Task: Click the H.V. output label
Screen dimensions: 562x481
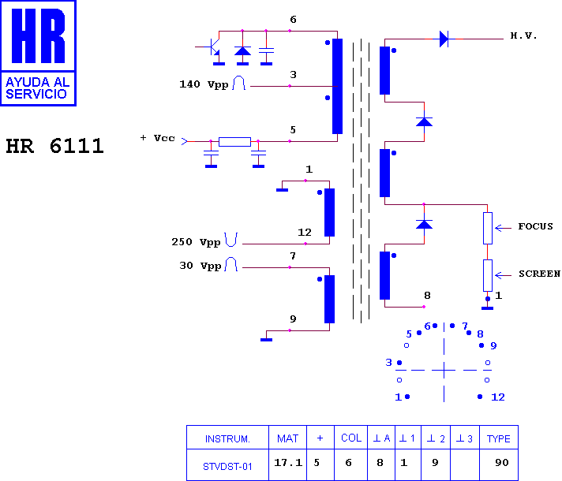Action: [523, 35]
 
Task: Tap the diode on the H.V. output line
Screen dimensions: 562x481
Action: [444, 39]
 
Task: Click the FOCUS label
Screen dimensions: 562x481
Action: [535, 226]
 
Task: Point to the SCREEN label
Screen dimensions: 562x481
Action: [539, 274]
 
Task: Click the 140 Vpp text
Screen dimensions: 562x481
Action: [204, 84]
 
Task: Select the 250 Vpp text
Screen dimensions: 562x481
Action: [196, 242]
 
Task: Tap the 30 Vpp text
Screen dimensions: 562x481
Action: [200, 266]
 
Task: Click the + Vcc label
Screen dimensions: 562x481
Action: [157, 138]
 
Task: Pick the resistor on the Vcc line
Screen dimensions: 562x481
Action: [234, 142]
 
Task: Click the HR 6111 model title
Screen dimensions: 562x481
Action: [54, 146]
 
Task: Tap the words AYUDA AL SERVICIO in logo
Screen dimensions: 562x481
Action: [38, 88]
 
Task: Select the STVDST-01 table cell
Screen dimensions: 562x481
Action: [227, 466]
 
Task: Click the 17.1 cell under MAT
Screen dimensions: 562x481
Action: [288, 462]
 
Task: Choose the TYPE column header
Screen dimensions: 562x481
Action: [499, 438]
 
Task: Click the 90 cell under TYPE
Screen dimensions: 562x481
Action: [502, 462]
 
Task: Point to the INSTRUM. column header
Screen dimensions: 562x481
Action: [227, 438]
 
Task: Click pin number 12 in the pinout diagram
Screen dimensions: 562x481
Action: [498, 397]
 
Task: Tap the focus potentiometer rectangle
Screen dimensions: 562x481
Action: [488, 228]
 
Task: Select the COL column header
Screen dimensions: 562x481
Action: [351, 438]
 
